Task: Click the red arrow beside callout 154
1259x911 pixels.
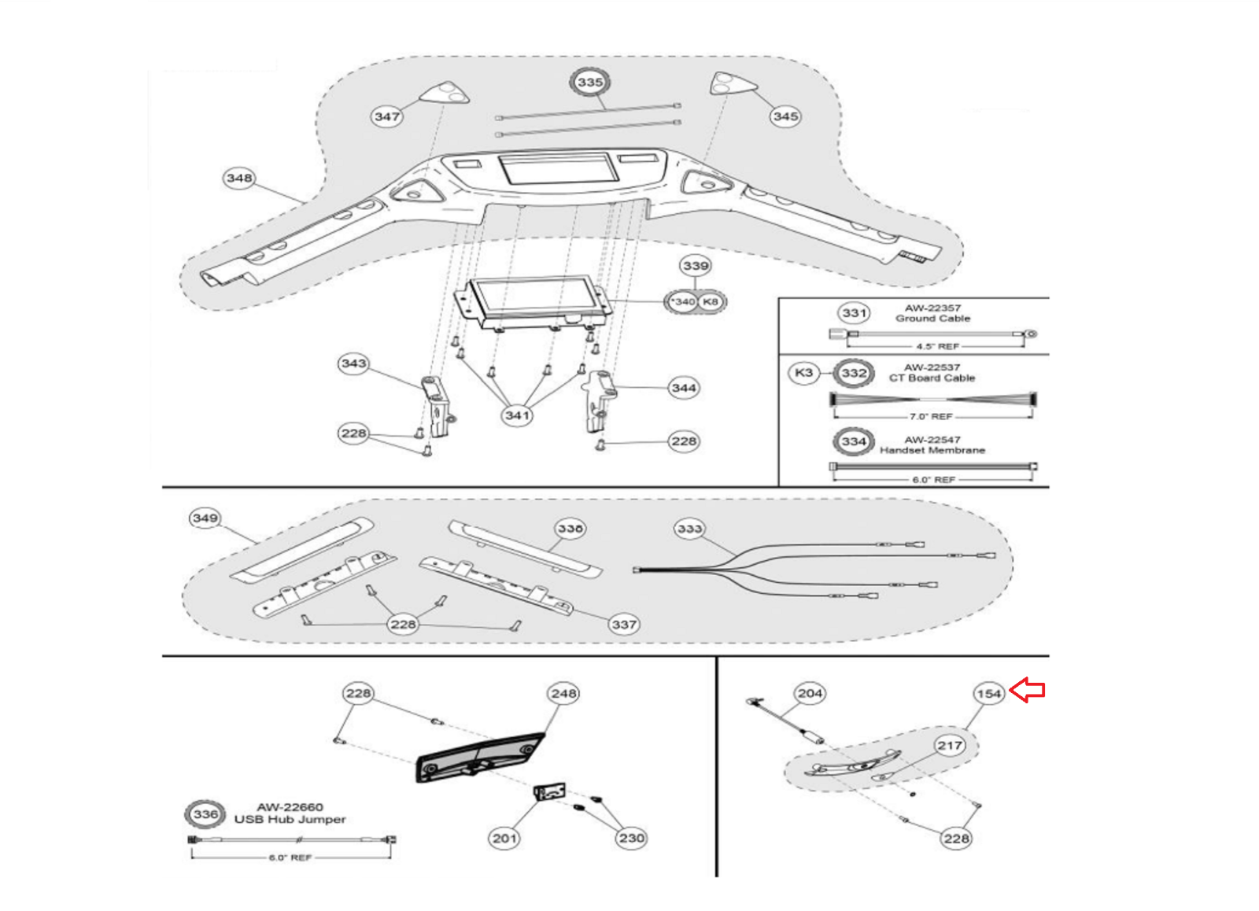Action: (1027, 690)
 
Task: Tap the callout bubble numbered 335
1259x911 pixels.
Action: (589, 82)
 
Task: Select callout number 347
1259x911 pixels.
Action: (386, 116)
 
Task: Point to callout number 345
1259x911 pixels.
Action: (785, 116)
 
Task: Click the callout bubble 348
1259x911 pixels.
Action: (239, 178)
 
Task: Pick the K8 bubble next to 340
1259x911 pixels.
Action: (711, 301)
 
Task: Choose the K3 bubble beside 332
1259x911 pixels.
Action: (803, 372)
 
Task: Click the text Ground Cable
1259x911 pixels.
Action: (932, 319)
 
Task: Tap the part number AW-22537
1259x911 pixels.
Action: (932, 367)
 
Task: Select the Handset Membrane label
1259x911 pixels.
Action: (932, 450)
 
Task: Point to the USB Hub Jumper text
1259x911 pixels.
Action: (290, 819)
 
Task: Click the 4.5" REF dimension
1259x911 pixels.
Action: (937, 346)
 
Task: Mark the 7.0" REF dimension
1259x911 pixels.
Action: (931, 416)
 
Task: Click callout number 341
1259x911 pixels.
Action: (517, 415)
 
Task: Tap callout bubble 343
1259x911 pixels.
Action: (353, 363)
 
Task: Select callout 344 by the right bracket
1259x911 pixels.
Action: (684, 388)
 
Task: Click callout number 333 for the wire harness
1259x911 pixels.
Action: (689, 529)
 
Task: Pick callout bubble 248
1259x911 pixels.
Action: (564, 693)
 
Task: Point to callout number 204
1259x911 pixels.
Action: (810, 693)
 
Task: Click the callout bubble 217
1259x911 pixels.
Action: (950, 746)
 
